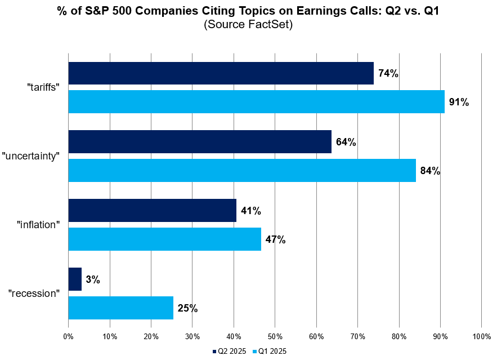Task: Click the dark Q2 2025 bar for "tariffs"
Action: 221,73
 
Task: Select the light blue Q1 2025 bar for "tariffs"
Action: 256,102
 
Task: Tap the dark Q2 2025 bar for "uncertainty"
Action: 200,142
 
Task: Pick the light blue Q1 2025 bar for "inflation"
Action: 164,239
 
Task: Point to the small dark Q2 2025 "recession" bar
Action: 75,279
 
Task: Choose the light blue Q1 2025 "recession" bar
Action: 120,308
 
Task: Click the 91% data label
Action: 459,103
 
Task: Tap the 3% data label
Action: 93,279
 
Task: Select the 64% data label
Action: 346,143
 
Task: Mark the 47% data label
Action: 275,239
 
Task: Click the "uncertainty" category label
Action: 31,157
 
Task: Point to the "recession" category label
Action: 34,294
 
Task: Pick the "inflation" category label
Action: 38,225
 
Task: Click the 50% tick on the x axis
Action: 275,336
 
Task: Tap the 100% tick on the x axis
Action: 481,336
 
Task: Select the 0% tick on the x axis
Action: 68,336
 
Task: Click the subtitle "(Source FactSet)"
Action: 248,25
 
